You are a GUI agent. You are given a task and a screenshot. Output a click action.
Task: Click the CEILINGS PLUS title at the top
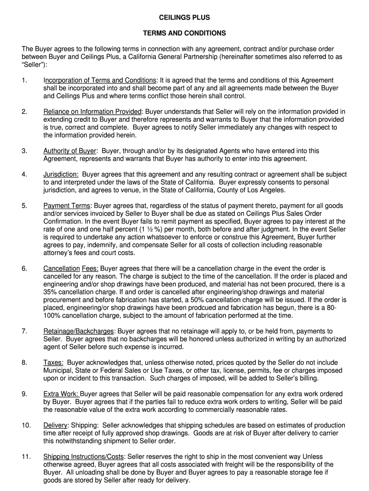(x=184, y=18)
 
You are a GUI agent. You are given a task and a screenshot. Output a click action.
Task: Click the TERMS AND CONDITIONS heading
(x=184, y=34)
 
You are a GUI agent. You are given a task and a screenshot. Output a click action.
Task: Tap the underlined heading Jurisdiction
(x=61, y=175)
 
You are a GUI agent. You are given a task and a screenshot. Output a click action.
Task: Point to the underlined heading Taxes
(x=53, y=362)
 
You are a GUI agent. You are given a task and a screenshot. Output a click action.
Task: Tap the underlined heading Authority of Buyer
(x=70, y=151)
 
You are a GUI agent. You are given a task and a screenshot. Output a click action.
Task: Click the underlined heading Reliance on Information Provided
(x=92, y=112)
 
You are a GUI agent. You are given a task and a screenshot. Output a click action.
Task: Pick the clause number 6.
(x=24, y=269)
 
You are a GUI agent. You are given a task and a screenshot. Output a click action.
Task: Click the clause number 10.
(x=26, y=425)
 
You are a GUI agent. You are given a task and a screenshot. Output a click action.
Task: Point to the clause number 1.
(x=24, y=80)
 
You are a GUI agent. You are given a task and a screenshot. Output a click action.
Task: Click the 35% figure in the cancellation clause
(x=50, y=292)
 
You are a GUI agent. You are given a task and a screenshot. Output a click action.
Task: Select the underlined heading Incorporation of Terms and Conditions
(x=100, y=80)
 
